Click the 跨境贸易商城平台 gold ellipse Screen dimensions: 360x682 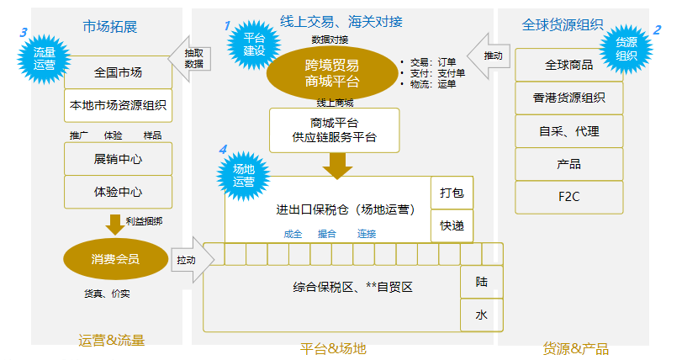pos(332,73)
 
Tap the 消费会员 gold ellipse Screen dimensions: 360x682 pos(115,260)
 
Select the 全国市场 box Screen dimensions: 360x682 pos(118,72)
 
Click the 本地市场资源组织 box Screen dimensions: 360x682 pos(118,106)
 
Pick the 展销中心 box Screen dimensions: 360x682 pos(118,158)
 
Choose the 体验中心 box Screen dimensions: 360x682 pos(118,192)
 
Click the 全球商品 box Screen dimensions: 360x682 pos(568,65)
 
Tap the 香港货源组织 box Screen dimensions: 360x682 pos(568,98)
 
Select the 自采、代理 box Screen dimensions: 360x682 pos(568,131)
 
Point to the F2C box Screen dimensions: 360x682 pos(568,197)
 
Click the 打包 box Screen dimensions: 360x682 pos(452,193)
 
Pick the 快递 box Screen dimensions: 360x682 pos(452,225)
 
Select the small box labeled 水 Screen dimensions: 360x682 pos(481,315)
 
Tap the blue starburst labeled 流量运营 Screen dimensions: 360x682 pos(43,57)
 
